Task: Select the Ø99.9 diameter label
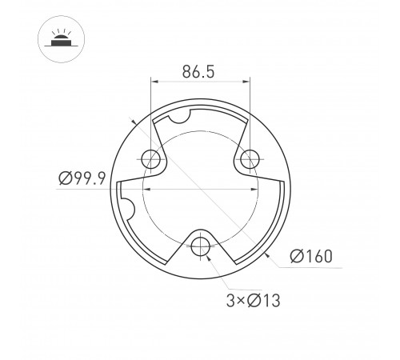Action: tap(83, 179)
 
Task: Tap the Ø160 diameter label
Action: tap(311, 257)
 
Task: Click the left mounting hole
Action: tap(150, 158)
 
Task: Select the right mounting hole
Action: tap(250, 158)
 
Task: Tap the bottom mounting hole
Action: tap(200, 244)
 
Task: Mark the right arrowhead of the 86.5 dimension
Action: tap(246, 81)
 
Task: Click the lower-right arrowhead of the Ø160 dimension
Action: tap(266, 255)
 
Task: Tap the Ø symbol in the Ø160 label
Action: tap(294, 257)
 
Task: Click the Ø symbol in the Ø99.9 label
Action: tap(65, 179)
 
